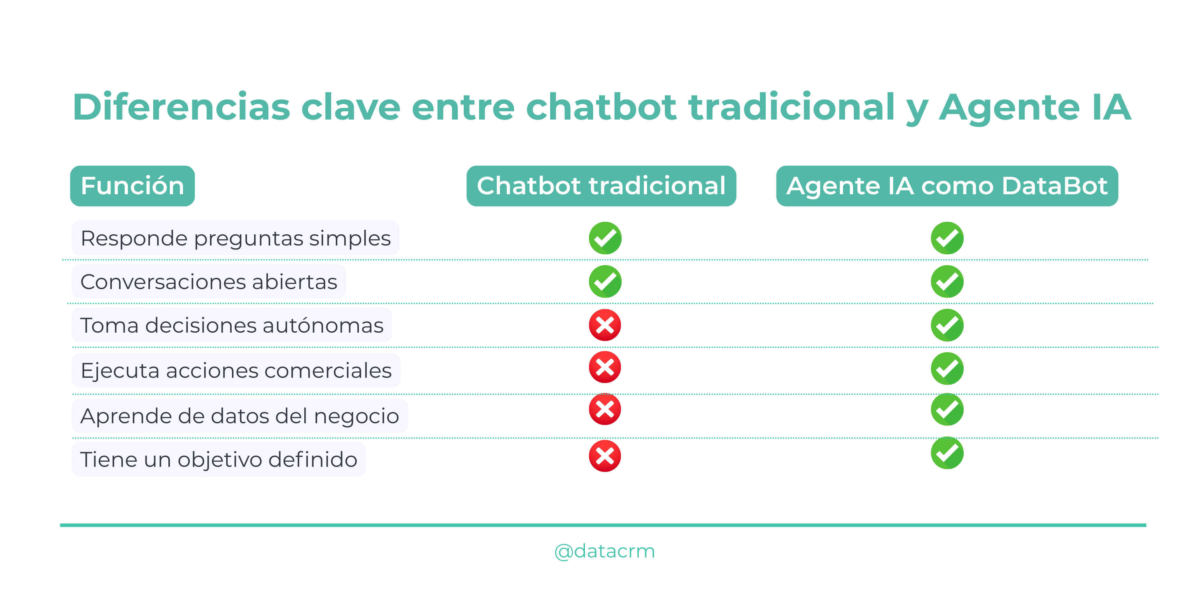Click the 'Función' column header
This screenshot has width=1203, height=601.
coord(132,186)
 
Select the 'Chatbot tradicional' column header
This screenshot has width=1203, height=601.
coord(601,186)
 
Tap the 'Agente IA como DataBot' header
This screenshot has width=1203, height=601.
coord(946,186)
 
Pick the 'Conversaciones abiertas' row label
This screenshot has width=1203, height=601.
coord(209,282)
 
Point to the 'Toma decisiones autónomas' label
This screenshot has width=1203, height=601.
coord(232,325)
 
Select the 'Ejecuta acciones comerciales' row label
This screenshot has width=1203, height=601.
coord(236,370)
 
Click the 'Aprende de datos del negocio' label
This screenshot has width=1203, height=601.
coord(240,416)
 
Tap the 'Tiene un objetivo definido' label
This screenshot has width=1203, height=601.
coord(219,459)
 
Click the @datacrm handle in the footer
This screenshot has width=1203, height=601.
coord(605,551)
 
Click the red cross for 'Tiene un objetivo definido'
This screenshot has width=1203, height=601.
coord(605,456)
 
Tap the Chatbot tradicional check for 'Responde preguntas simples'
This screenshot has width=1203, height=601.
coord(605,238)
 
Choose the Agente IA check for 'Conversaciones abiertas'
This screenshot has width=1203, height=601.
coord(947,282)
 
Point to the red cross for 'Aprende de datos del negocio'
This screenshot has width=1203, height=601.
coord(605,409)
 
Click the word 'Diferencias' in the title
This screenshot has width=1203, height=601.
coord(181,107)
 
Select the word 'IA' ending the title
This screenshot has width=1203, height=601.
coord(1111,107)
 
